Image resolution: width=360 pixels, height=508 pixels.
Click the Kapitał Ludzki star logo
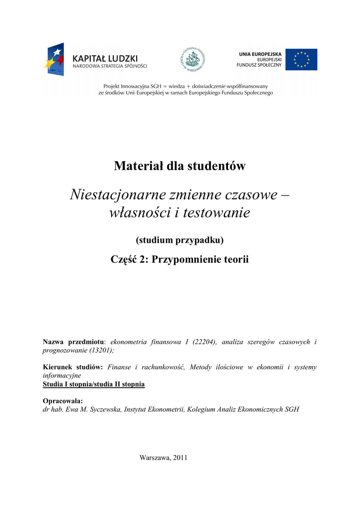tap(56, 59)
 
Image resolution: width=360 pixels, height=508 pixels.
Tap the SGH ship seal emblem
tap(192, 60)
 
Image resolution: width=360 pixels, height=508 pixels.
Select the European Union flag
tap(301, 60)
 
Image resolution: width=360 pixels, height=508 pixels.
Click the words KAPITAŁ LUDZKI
tap(105, 58)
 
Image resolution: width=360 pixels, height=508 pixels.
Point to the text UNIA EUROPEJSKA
tap(260, 54)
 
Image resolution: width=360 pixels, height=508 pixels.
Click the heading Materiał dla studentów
tap(180, 166)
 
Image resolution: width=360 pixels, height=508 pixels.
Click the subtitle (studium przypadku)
tap(180, 241)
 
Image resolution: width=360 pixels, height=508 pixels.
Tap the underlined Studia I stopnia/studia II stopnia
tap(94, 384)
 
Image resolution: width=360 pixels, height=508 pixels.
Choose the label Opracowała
tap(63, 401)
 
